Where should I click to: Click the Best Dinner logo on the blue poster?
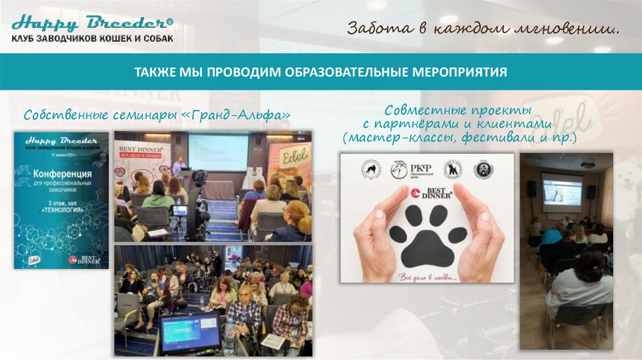[85, 258]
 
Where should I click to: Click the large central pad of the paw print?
[428, 246]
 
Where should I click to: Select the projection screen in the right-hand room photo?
[562, 191]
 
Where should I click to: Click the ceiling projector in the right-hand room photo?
[587, 164]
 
